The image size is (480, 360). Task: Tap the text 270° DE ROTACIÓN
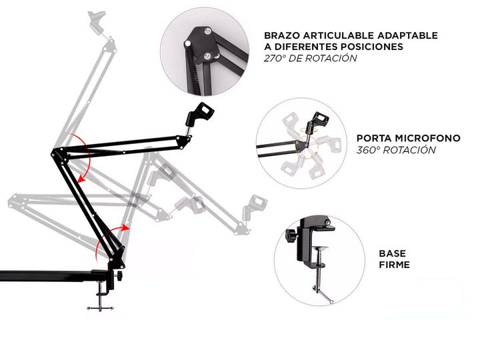(x=310, y=59)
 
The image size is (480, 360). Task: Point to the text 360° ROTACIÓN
(x=396, y=150)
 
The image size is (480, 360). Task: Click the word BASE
(x=392, y=253)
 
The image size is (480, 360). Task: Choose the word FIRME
(x=394, y=265)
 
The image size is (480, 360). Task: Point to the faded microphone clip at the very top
(x=95, y=21)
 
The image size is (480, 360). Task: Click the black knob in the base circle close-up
(x=291, y=237)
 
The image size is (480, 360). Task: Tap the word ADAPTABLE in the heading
(x=413, y=35)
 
